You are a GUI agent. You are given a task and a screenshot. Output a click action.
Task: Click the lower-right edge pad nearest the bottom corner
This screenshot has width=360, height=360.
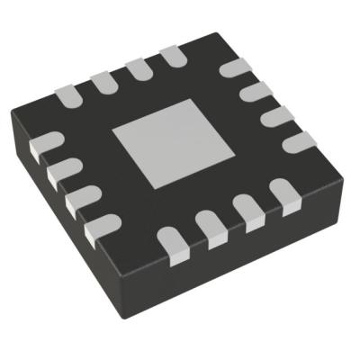coord(169,241)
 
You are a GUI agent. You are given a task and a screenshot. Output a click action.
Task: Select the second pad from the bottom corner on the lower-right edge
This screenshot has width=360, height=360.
coord(211,229)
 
